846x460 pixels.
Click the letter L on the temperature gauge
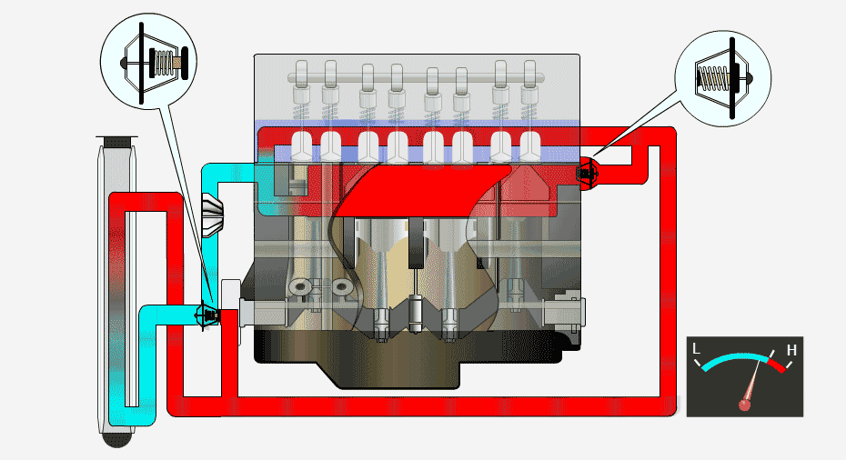coord(697,349)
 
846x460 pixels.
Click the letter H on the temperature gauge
coord(791,350)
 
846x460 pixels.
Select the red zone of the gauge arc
coord(776,365)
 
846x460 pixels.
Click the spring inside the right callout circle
coord(710,76)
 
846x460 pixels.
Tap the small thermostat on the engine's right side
coord(586,172)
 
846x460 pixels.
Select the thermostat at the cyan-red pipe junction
coord(208,315)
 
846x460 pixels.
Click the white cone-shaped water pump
coord(211,215)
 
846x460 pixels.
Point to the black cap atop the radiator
coord(116,142)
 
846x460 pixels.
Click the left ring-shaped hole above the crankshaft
coord(300,287)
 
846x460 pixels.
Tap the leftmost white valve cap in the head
coord(299,144)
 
